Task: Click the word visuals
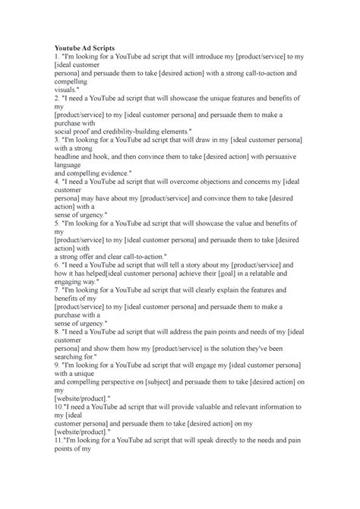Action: click(67, 89)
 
